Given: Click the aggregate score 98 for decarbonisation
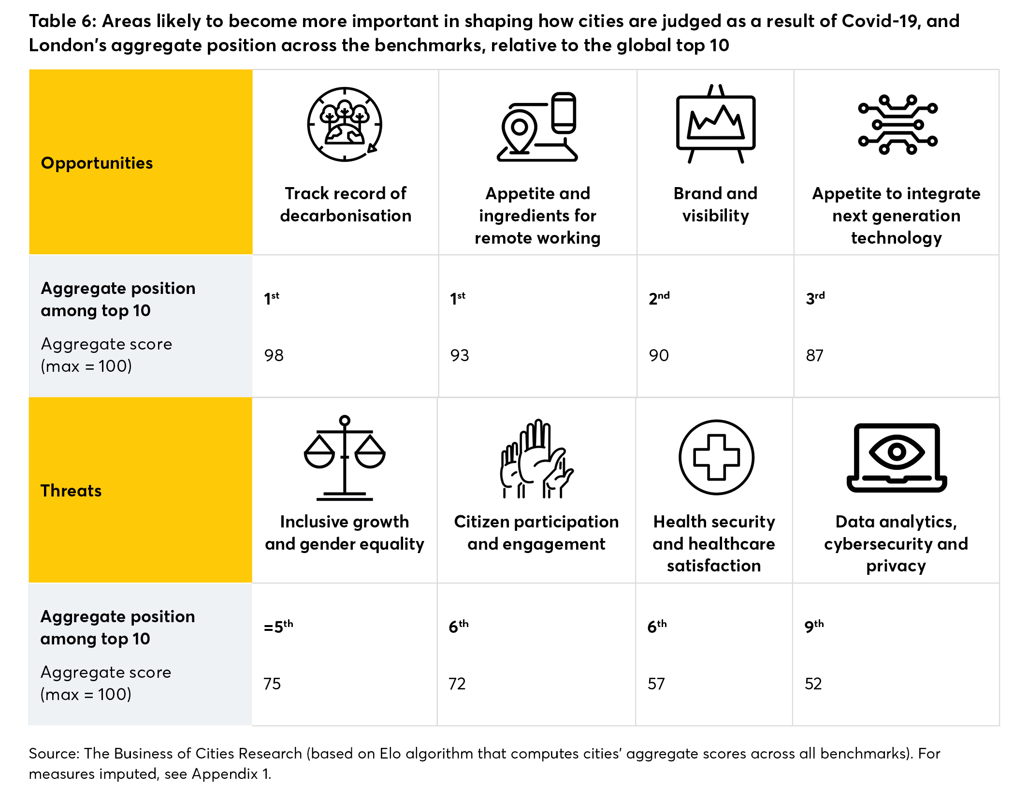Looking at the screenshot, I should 274,355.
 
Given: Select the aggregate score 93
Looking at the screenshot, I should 460,355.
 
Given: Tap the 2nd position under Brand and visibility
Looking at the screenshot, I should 659,298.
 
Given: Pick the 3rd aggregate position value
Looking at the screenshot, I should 815,298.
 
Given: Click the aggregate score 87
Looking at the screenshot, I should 814,355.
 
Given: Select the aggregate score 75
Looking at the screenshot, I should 272,684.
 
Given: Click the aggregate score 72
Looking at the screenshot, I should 457,684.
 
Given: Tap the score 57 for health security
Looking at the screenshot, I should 656,684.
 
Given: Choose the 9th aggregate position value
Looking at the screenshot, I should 814,627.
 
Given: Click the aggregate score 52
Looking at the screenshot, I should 813,684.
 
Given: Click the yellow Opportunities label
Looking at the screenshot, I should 97,163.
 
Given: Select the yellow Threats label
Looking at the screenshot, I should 71,491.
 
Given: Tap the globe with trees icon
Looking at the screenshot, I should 345,125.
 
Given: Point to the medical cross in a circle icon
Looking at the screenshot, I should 716,457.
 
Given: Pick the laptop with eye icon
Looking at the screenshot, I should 897,457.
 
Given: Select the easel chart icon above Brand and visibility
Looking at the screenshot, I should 715,124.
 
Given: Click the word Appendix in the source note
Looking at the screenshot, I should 225,774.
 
